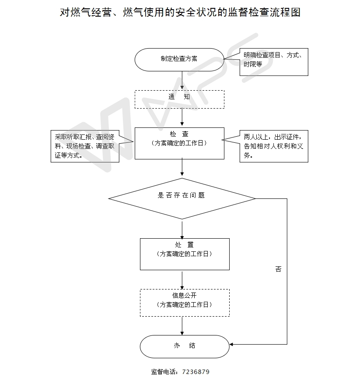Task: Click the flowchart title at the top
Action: (180, 12)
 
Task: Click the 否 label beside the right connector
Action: (279, 269)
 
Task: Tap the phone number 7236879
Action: (196, 372)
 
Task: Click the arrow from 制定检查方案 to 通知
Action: (182, 80)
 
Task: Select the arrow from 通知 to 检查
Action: (182, 117)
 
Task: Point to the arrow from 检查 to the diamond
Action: (182, 167)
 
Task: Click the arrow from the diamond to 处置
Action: (182, 229)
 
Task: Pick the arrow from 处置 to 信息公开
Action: (182, 280)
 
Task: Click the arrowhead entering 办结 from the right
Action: (231, 344)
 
